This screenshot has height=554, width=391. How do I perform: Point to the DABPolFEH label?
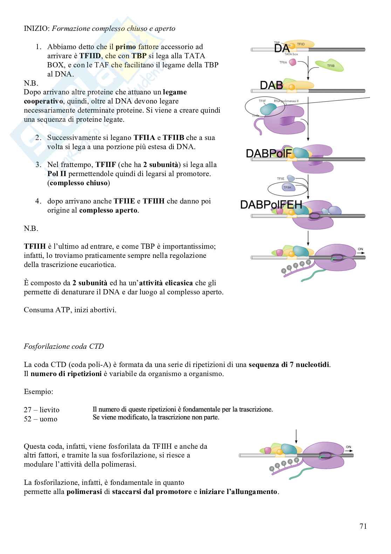click(271, 205)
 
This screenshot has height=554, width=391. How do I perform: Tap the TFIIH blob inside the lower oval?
click(287, 188)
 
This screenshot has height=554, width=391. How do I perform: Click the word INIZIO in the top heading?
click(36, 28)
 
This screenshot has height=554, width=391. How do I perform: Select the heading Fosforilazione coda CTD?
click(64, 346)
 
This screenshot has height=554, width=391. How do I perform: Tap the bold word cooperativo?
click(43, 101)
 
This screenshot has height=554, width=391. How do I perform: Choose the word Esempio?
click(38, 391)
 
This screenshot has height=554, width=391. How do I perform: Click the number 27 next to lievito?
click(28, 410)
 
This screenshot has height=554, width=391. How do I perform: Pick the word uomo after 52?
click(48, 419)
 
